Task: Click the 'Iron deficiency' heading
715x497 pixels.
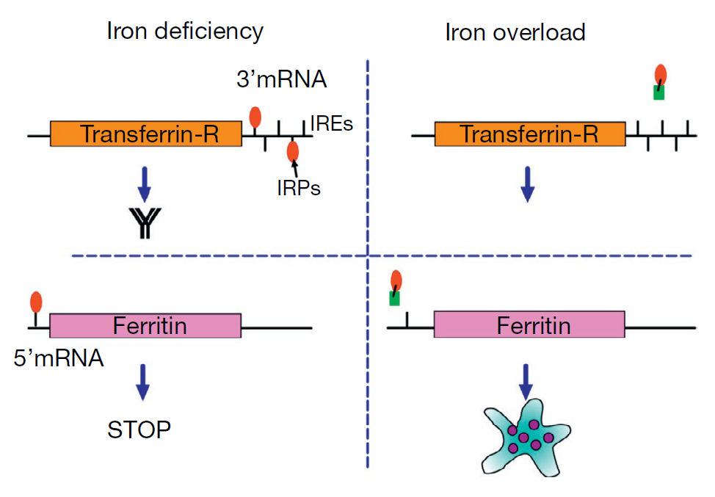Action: click(x=184, y=31)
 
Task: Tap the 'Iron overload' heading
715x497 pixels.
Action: click(x=515, y=32)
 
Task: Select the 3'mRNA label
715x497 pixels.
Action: click(x=281, y=79)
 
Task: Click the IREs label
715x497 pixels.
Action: click(x=332, y=123)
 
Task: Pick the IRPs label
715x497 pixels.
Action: click(x=299, y=187)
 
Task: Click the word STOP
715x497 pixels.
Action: click(x=139, y=429)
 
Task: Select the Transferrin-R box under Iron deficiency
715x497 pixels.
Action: click(x=145, y=134)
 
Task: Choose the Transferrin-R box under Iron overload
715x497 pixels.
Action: click(x=529, y=134)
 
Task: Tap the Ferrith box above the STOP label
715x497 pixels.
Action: click(x=145, y=325)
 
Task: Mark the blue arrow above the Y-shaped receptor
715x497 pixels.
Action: click(x=145, y=184)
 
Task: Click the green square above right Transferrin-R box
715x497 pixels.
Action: click(x=659, y=92)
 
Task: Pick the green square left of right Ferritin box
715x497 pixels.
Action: click(x=394, y=298)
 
